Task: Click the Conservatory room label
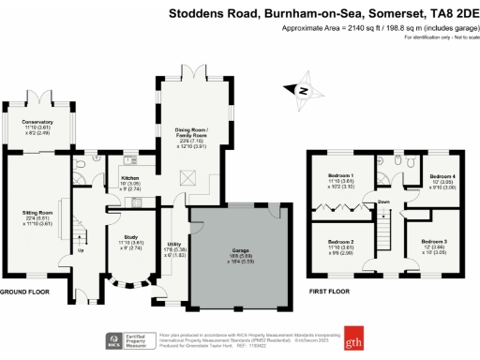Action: (x=37, y=122)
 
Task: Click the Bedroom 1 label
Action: (x=339, y=176)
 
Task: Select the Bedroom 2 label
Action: (x=339, y=241)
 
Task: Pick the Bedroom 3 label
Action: (x=433, y=241)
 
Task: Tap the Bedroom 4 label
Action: (x=442, y=176)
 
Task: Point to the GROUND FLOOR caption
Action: (x=23, y=292)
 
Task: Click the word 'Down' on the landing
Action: (x=383, y=202)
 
